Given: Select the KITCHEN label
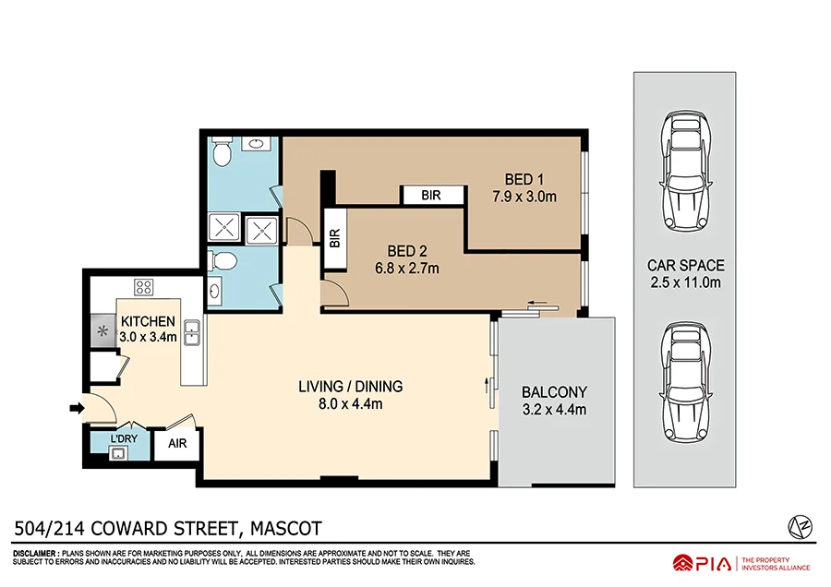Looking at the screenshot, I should [x=148, y=321].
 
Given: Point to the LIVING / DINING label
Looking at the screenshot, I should [x=350, y=387].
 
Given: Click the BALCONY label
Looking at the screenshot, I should [x=554, y=391].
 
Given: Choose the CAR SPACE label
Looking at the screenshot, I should [x=685, y=265].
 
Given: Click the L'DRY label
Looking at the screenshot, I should [x=124, y=438].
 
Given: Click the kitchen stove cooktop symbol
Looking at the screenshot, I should [x=143, y=286].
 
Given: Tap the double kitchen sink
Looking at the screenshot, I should [x=192, y=331].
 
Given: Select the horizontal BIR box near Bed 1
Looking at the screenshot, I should [x=430, y=196].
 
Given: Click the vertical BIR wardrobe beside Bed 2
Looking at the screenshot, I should [x=332, y=239].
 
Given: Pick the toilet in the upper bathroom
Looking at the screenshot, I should [x=222, y=149].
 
